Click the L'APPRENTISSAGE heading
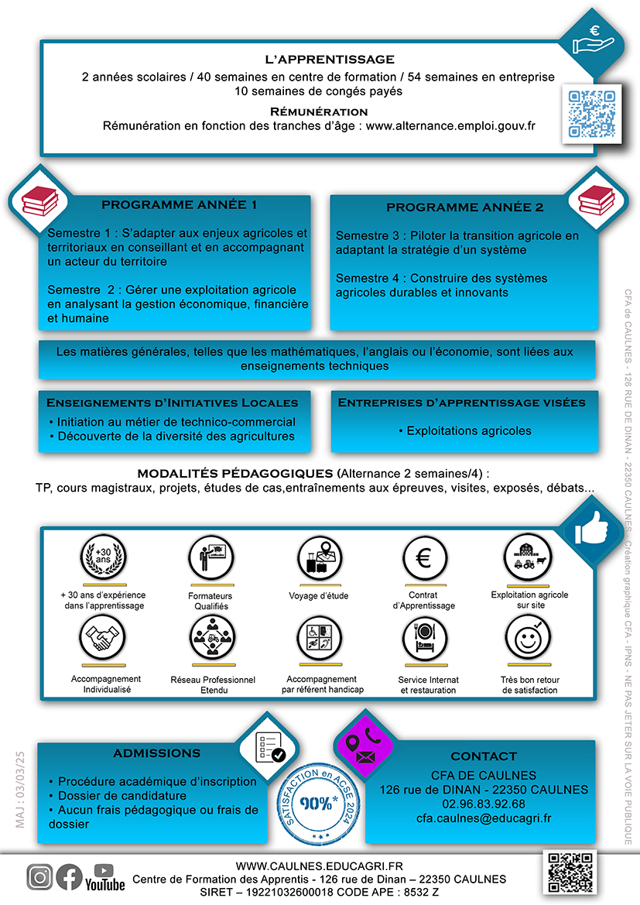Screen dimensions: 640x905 point(330,60)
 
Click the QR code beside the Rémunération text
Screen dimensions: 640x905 point(591,114)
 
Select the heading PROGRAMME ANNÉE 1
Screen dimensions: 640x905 point(179,205)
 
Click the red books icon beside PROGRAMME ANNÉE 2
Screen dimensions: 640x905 point(597,200)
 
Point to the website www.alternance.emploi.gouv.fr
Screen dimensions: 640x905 point(450,126)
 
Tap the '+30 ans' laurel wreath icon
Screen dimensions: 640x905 point(103,557)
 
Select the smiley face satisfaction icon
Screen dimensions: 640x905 point(528,639)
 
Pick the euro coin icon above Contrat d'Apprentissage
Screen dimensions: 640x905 point(423,558)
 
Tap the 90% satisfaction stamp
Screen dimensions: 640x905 point(318,804)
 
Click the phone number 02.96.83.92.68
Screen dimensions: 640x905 point(484,804)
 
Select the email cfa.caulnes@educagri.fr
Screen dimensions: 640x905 point(484,818)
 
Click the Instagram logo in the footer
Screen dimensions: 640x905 point(39,877)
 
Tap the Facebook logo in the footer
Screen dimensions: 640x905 point(69,877)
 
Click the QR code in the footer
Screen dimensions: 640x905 point(570,872)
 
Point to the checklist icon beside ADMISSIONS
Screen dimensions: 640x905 point(269,747)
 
